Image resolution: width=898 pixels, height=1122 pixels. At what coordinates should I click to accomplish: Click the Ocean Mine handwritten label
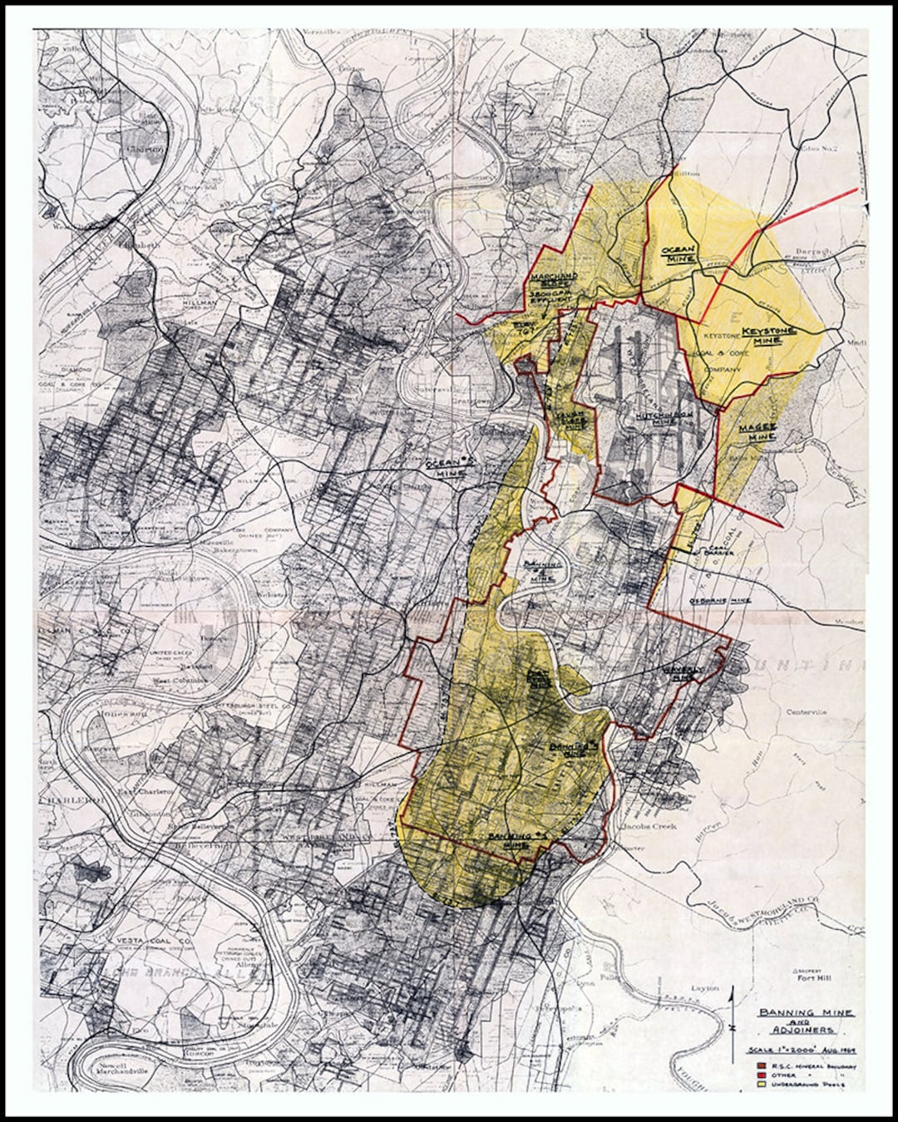click(678, 254)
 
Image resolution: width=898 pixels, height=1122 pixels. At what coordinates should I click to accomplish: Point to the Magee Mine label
click(757, 431)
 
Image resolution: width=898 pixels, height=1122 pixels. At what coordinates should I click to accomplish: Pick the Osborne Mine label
click(719, 600)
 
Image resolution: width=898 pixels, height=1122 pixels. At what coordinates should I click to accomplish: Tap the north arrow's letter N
click(731, 1029)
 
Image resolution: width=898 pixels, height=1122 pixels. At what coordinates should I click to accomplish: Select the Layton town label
click(704, 988)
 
